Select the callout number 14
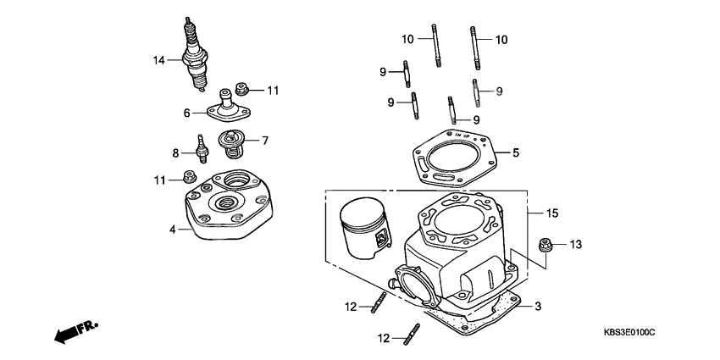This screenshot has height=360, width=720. coord(158,60)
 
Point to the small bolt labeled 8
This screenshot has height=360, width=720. coord(202,151)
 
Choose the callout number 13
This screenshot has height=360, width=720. coord(575,245)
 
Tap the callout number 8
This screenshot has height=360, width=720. coord(175,153)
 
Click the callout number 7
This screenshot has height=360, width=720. coord(264,140)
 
